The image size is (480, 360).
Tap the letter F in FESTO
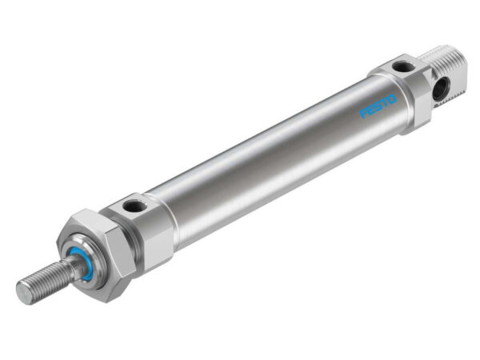[362, 114]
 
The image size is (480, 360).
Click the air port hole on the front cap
[135, 206]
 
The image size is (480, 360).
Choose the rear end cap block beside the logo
[408, 92]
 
